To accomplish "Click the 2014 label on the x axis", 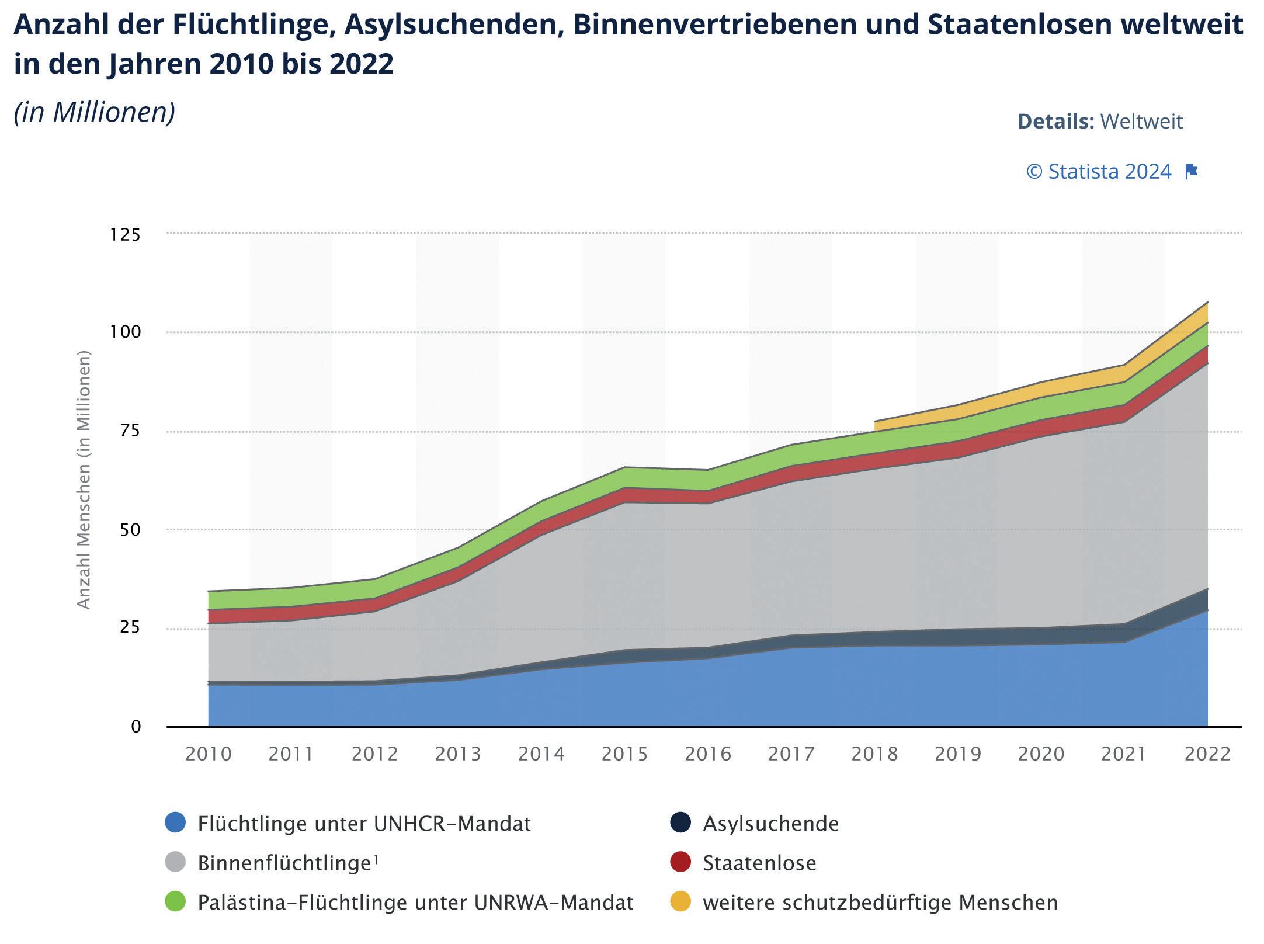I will [541, 754].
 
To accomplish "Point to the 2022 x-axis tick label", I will [1207, 754].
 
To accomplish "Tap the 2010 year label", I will [209, 754].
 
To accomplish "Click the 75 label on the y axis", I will [129, 431].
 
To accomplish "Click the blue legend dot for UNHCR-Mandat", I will [175, 822].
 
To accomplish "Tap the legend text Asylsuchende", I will [770, 824].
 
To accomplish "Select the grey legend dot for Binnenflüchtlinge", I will [175, 862].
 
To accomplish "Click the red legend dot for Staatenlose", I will [680, 862].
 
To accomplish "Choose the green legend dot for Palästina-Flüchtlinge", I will [175, 901].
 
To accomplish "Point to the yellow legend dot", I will [680, 901].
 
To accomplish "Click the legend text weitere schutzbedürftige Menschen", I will [880, 903].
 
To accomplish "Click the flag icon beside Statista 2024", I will [1191, 172].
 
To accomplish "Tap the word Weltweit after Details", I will [1141, 122].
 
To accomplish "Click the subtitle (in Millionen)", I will [95, 112].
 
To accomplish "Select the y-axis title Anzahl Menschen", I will [84, 480].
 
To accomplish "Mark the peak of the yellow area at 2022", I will [1207, 303].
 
